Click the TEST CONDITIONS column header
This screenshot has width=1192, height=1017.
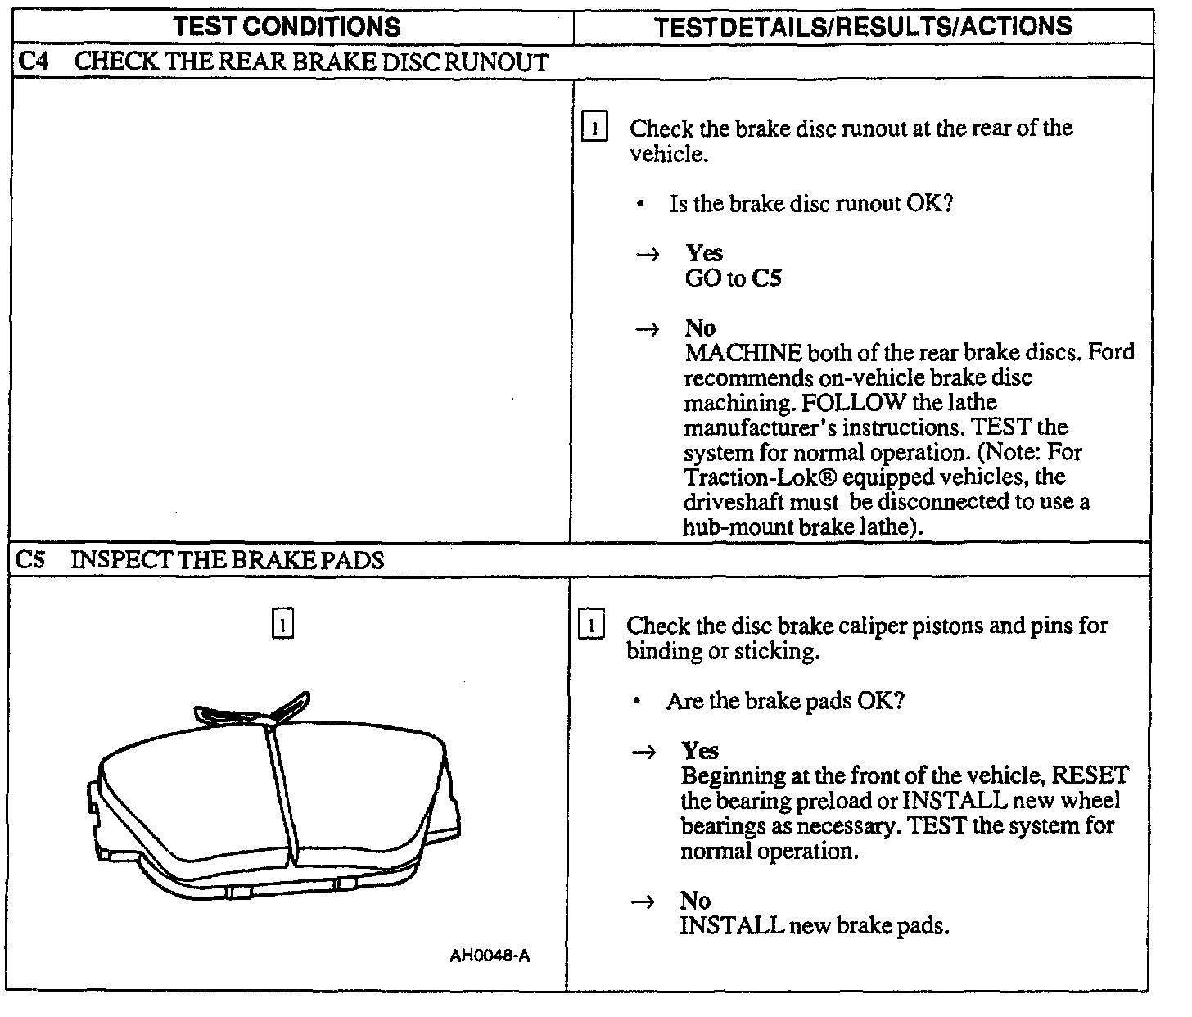point(287,26)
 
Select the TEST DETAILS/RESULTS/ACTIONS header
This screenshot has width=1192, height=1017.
point(863,26)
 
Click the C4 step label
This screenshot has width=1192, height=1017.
point(29,62)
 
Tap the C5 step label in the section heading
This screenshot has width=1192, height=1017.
point(29,560)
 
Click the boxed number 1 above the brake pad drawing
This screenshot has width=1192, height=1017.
point(282,624)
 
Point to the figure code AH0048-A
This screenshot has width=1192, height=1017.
point(490,956)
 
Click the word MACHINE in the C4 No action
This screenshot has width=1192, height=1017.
point(743,353)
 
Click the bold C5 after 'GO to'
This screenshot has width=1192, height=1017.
point(766,278)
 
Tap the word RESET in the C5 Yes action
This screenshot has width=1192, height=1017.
point(1089,775)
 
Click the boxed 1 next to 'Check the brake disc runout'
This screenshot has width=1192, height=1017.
point(594,129)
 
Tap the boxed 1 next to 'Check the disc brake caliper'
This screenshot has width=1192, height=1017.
point(590,626)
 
